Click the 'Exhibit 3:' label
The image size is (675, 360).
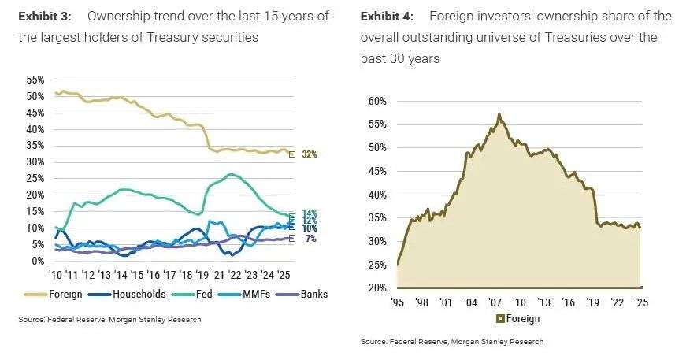click(x=46, y=17)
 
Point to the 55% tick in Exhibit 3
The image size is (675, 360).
click(x=35, y=80)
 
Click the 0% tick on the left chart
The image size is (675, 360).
click(x=39, y=261)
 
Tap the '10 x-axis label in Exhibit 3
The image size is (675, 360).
click(x=56, y=275)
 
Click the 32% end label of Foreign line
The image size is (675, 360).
click(x=308, y=154)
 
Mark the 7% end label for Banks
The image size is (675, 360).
click(x=310, y=238)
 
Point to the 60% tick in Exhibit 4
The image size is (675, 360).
click(x=378, y=101)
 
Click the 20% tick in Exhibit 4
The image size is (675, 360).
click(x=378, y=288)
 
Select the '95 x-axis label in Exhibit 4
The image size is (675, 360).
click(x=398, y=302)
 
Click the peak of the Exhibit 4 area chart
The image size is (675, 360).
click(x=499, y=114)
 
